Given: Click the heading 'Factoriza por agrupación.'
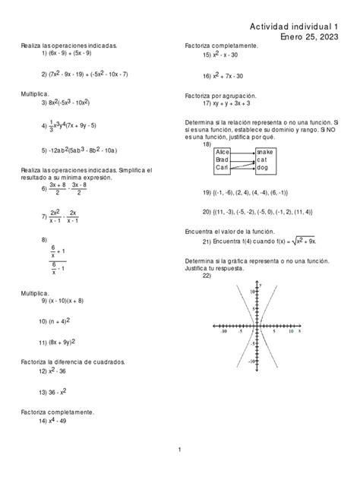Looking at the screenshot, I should point(221,96).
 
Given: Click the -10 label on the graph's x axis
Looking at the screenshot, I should point(223,332).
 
